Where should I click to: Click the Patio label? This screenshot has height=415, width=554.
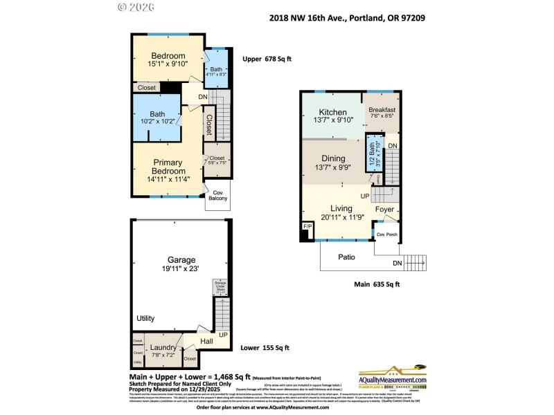point(346,257)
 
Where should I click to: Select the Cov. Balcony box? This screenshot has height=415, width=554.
point(218,196)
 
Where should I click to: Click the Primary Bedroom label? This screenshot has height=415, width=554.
point(169,167)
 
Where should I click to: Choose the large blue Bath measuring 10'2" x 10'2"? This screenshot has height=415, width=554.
point(157,118)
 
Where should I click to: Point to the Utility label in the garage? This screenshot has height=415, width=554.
point(145,318)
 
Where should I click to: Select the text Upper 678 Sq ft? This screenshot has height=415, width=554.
point(267,59)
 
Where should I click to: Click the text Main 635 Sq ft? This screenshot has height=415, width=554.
point(376,284)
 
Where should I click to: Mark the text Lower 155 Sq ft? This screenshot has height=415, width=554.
point(265,348)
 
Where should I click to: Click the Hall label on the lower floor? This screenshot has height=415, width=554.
point(207,341)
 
